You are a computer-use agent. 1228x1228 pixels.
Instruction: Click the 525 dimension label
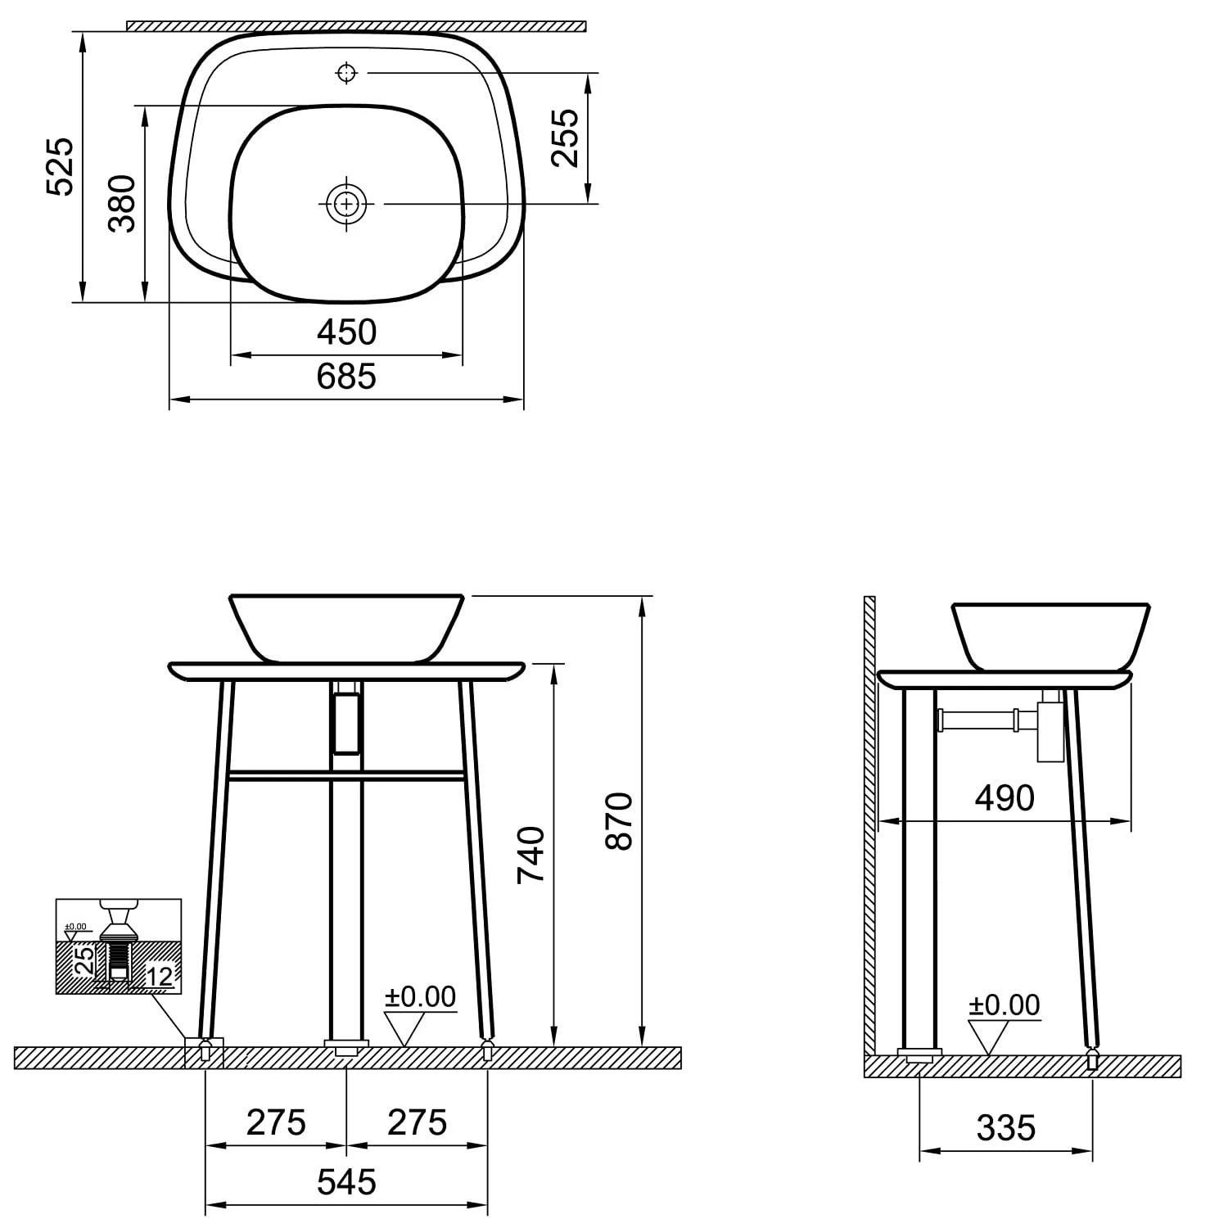[61, 167]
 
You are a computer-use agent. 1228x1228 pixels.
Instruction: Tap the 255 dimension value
[565, 138]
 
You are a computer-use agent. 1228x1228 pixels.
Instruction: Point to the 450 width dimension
[346, 332]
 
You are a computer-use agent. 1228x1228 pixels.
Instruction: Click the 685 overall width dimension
[346, 377]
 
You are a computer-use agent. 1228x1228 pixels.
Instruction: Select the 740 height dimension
[531, 854]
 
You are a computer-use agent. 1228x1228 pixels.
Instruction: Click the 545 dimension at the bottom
[346, 1182]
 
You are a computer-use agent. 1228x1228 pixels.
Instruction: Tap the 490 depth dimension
[1005, 798]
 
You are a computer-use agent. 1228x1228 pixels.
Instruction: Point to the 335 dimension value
[1006, 1128]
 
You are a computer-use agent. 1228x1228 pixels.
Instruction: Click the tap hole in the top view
[347, 73]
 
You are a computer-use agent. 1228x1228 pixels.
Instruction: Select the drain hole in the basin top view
[347, 203]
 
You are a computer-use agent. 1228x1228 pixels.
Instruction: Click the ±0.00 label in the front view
[420, 997]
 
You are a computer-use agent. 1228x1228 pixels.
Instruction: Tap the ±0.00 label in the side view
[1004, 1005]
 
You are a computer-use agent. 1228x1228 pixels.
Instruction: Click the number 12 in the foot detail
[160, 976]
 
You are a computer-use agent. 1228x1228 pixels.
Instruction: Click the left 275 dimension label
[276, 1123]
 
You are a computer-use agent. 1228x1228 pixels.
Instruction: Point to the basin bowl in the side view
[1050, 635]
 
